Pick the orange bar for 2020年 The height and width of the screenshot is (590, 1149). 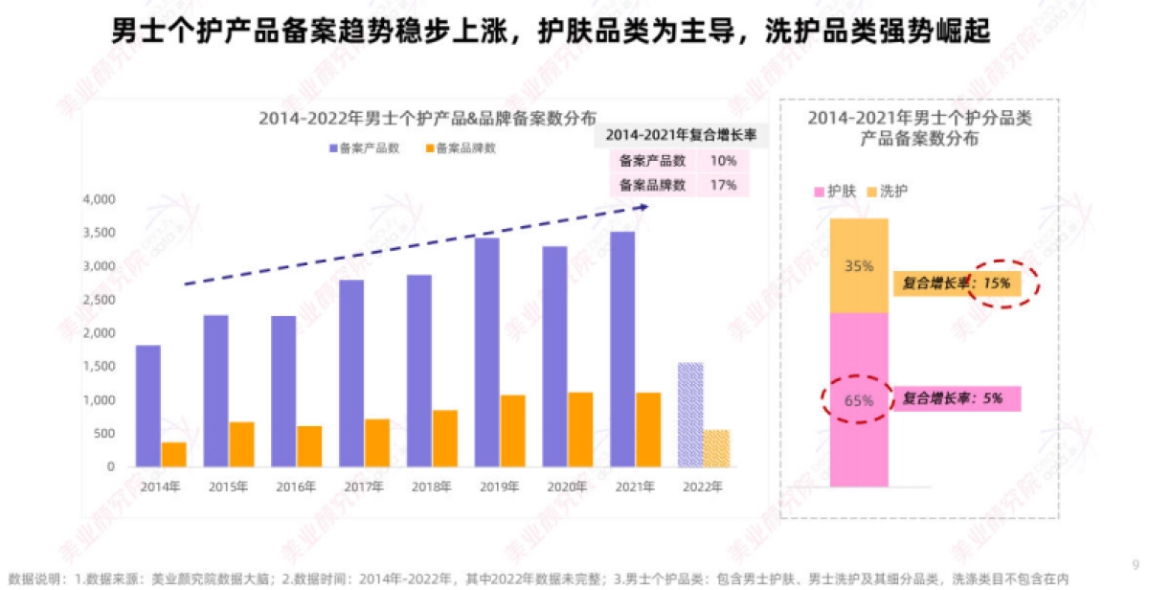(580, 429)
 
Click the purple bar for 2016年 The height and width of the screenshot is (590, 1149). (282, 391)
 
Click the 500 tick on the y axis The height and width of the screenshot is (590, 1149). (104, 434)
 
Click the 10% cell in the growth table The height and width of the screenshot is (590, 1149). (723, 161)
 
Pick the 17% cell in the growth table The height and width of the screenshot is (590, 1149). (723, 185)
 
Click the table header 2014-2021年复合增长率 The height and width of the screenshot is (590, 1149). (680, 136)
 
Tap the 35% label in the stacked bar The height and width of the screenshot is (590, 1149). (859, 266)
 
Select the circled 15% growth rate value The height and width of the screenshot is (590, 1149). (996, 284)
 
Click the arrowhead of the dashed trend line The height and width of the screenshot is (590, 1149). (643, 205)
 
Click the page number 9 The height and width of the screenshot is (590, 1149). (1135, 564)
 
